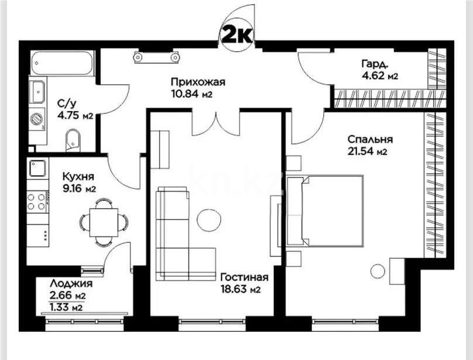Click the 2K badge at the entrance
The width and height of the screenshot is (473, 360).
tap(236, 35)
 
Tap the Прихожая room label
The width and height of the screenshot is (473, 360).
tap(198, 83)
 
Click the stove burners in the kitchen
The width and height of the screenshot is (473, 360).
tap(37, 201)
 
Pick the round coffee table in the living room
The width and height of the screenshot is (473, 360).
tap(208, 220)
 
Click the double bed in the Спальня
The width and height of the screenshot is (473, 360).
tap(332, 211)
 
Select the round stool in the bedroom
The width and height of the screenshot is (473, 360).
tap(378, 271)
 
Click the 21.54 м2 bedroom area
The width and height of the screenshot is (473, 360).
tap(366, 152)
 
